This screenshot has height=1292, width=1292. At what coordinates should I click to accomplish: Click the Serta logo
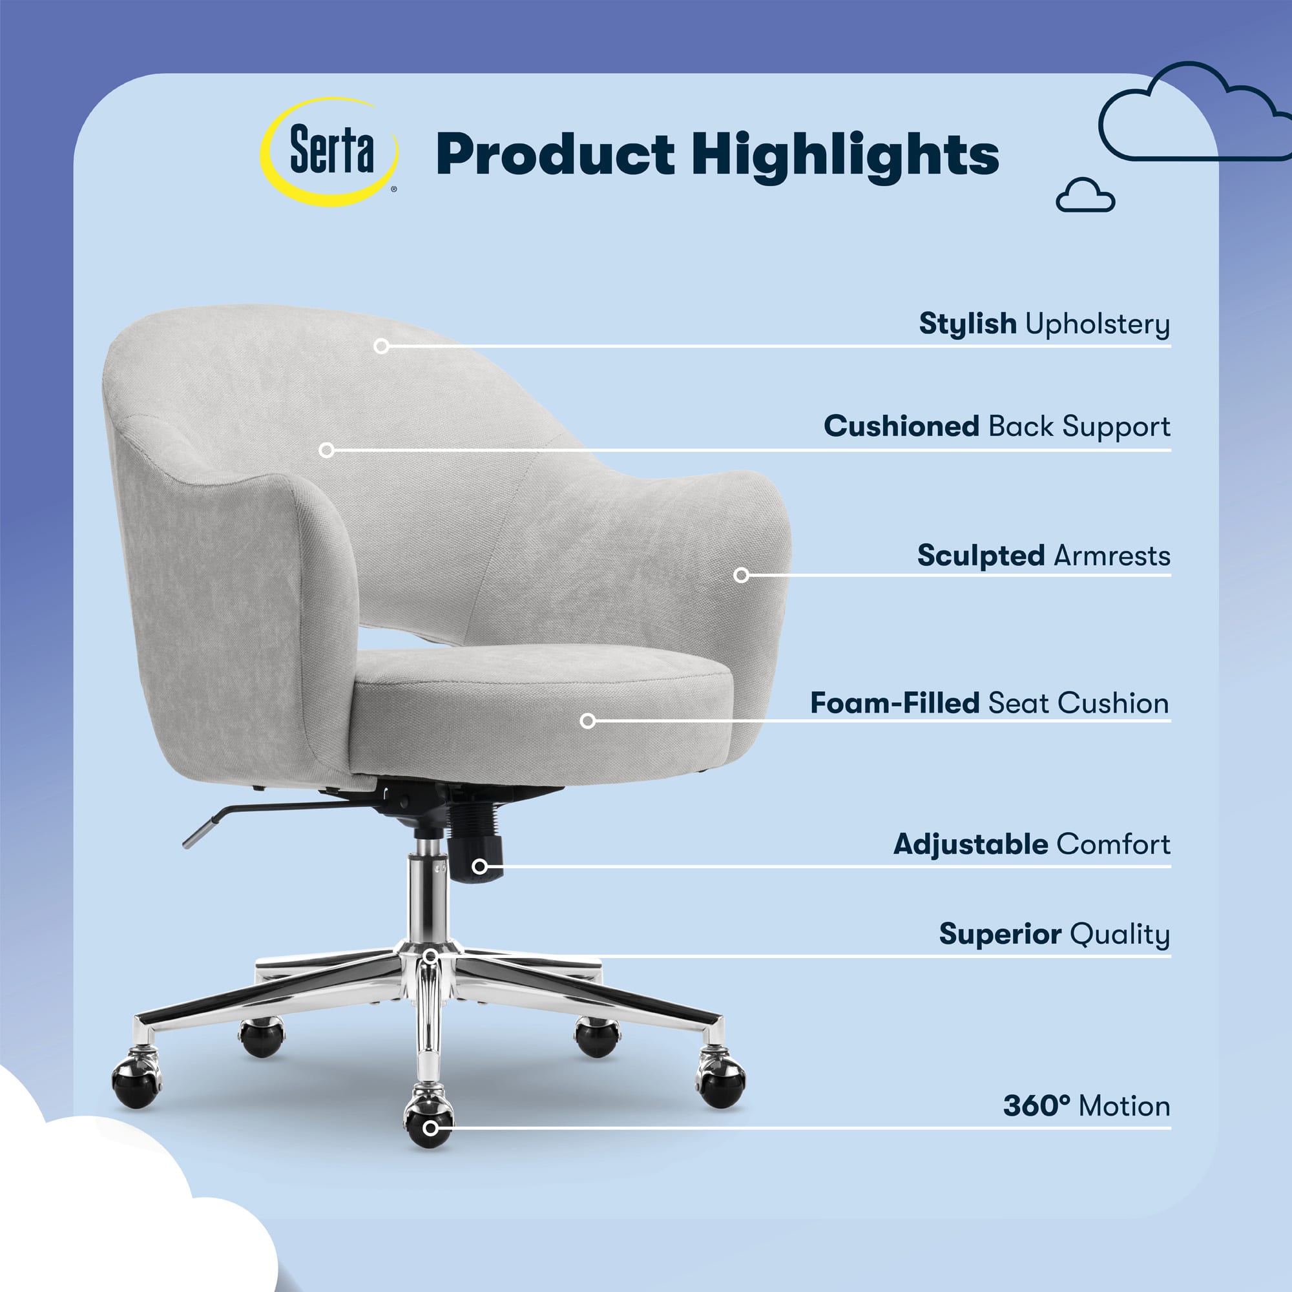[329, 152]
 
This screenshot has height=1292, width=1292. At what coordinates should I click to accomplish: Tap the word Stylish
[968, 324]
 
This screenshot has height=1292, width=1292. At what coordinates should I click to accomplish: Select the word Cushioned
[901, 426]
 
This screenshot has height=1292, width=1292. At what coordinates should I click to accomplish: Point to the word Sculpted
[981, 556]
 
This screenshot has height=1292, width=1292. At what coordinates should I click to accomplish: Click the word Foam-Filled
[895, 703]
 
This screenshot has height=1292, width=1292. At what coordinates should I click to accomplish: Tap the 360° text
[1037, 1106]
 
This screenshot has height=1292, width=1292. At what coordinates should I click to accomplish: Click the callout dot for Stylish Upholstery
[381, 346]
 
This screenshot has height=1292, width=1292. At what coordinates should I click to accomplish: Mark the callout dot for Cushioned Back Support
[326, 450]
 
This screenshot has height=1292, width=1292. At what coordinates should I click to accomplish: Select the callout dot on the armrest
[741, 575]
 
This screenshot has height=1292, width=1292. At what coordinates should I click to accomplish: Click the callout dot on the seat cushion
[588, 720]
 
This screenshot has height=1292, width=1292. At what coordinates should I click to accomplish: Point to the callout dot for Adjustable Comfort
[479, 867]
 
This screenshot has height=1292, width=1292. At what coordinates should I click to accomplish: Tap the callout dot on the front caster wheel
[432, 1129]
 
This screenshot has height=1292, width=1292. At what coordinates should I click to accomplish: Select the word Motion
[1125, 1106]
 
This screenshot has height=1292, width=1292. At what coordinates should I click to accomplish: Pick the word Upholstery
[1098, 324]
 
